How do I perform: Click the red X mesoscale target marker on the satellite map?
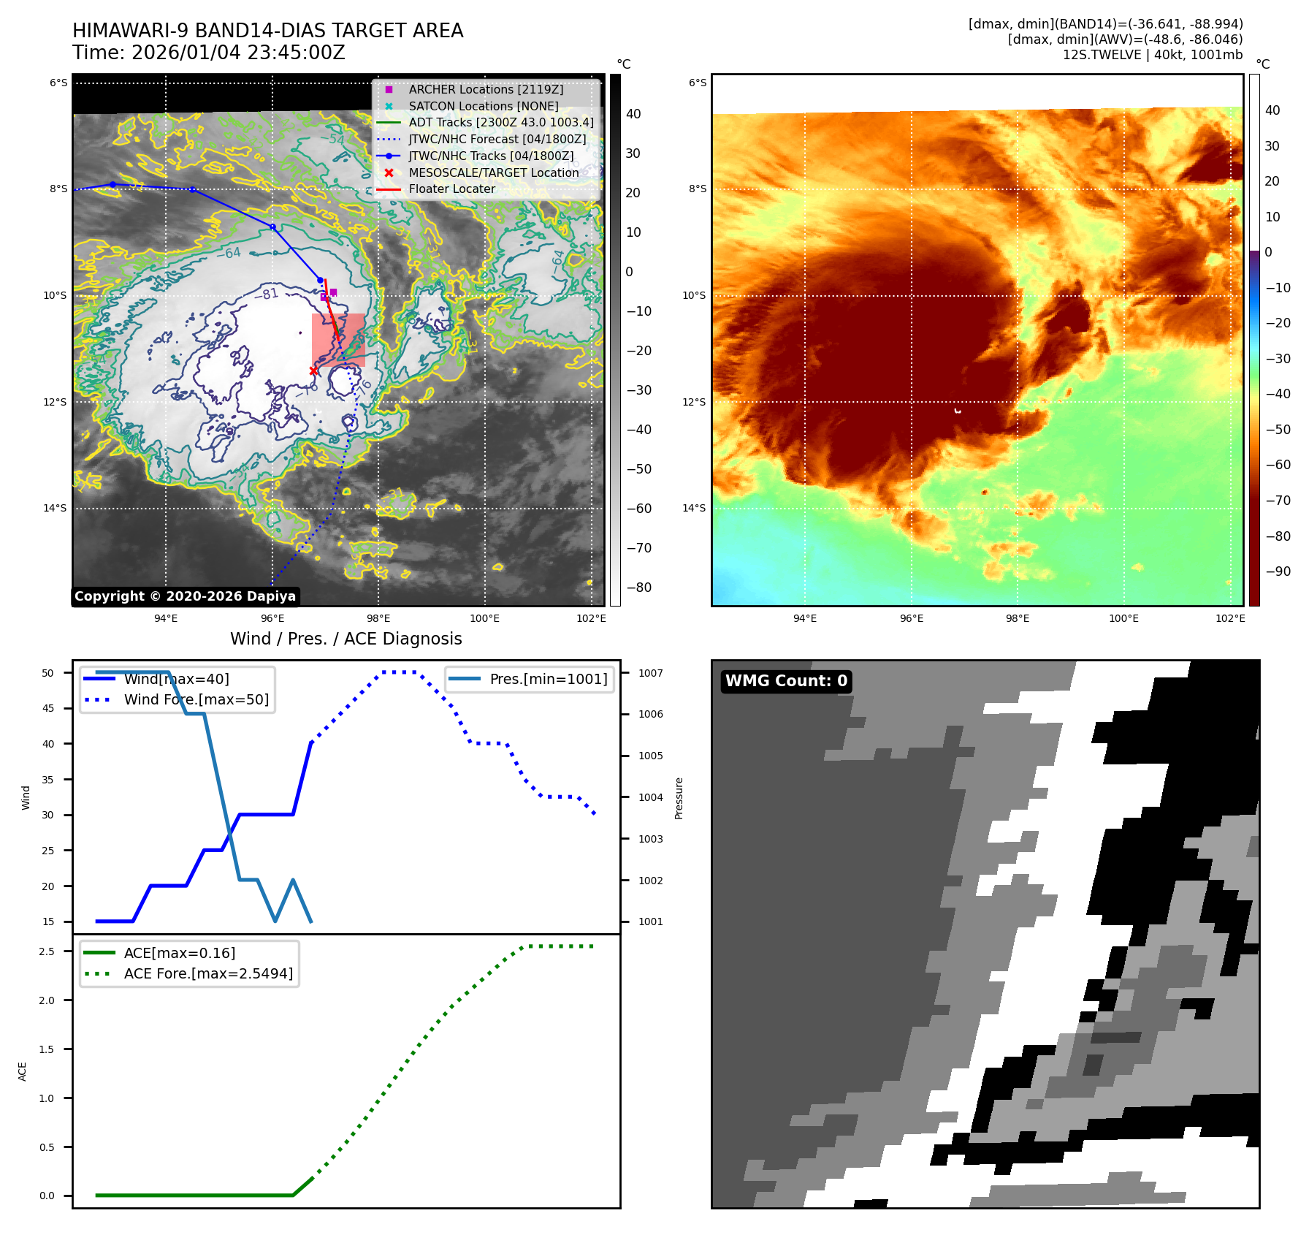tap(313, 370)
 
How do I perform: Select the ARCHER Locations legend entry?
tap(485, 89)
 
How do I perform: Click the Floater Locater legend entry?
tap(451, 189)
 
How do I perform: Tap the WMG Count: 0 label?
tap(786, 681)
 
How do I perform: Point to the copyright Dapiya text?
tap(185, 596)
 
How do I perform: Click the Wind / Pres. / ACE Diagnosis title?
tap(346, 639)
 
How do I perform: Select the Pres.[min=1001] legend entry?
tap(548, 679)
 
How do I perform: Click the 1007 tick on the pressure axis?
tap(650, 673)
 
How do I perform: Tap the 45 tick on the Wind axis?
tap(48, 708)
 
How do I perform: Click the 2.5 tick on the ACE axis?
tap(47, 951)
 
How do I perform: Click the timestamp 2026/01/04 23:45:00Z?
tap(238, 53)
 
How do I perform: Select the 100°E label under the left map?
tap(484, 618)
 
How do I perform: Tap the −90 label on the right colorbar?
tap(1278, 571)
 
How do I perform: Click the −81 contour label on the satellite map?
tap(270, 294)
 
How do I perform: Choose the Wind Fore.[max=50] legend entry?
tap(196, 699)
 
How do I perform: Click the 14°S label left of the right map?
tap(694, 508)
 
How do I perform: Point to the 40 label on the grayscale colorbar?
tap(633, 114)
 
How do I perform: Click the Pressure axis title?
tap(679, 798)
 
